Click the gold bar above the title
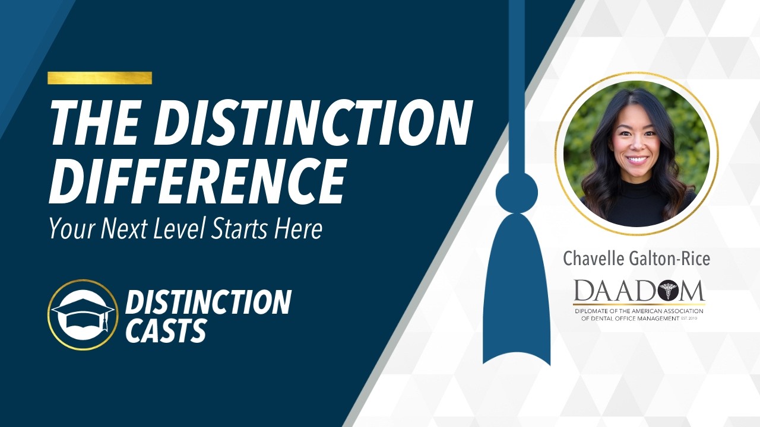tap(100, 78)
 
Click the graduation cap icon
tap(83, 315)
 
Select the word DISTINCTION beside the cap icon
tap(208, 302)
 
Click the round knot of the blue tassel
tap(516, 192)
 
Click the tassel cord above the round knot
tap(516, 89)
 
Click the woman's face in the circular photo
tap(635, 148)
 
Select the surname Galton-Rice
tap(673, 259)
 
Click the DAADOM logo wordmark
tap(639, 291)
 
